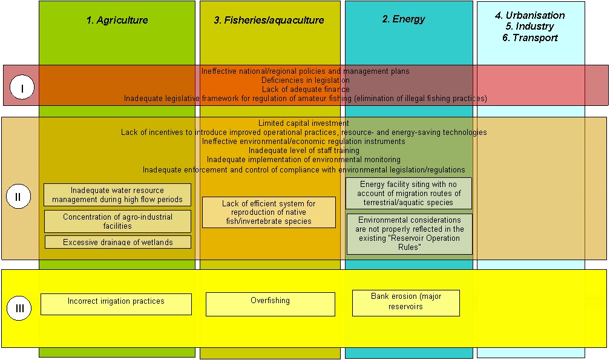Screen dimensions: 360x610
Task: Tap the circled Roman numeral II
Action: (18, 197)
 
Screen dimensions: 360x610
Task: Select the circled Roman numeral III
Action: (19, 309)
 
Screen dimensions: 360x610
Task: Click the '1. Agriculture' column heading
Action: (117, 20)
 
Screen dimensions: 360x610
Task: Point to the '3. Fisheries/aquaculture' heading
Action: (269, 20)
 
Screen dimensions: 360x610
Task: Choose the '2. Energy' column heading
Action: (404, 19)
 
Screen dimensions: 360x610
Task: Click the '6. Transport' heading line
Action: (530, 38)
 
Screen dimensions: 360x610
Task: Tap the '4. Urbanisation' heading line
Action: (530, 15)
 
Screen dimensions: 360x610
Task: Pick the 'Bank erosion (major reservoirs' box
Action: (405, 303)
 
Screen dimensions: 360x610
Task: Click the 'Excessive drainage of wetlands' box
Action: (118, 242)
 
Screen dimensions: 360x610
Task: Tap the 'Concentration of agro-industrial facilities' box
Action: (117, 221)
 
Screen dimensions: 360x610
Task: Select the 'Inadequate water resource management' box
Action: (117, 195)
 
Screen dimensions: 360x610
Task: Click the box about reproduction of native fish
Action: (269, 212)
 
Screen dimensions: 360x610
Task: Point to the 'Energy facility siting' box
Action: (408, 194)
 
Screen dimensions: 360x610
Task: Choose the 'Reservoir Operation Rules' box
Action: (409, 234)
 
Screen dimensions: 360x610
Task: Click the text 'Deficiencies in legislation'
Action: (305, 80)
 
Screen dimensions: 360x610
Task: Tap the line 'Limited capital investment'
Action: (304, 123)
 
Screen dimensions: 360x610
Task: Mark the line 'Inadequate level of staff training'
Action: (304, 150)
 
